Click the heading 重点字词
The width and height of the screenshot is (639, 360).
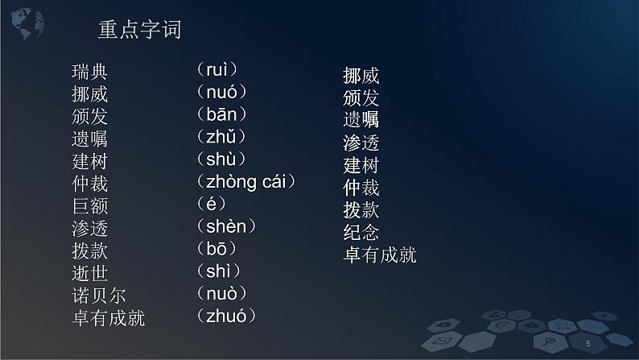[139, 31]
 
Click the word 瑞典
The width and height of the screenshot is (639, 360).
[89, 73]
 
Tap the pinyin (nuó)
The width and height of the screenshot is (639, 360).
[221, 93]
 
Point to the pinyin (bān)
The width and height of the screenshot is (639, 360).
[221, 114]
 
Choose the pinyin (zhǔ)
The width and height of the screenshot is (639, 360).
[221, 137]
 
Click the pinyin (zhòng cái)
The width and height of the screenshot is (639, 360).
[245, 182]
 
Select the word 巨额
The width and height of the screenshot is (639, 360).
[89, 206]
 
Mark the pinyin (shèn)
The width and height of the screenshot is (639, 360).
[225, 226]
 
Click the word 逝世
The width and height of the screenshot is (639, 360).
[89, 273]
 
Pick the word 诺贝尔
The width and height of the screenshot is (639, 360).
[99, 296]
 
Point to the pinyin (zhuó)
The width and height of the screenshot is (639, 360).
[225, 316]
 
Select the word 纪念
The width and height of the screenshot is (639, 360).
[361, 234]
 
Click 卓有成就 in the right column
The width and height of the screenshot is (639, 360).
[380, 256]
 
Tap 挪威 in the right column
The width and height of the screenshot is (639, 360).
[361, 77]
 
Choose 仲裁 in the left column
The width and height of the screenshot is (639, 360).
[89, 184]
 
